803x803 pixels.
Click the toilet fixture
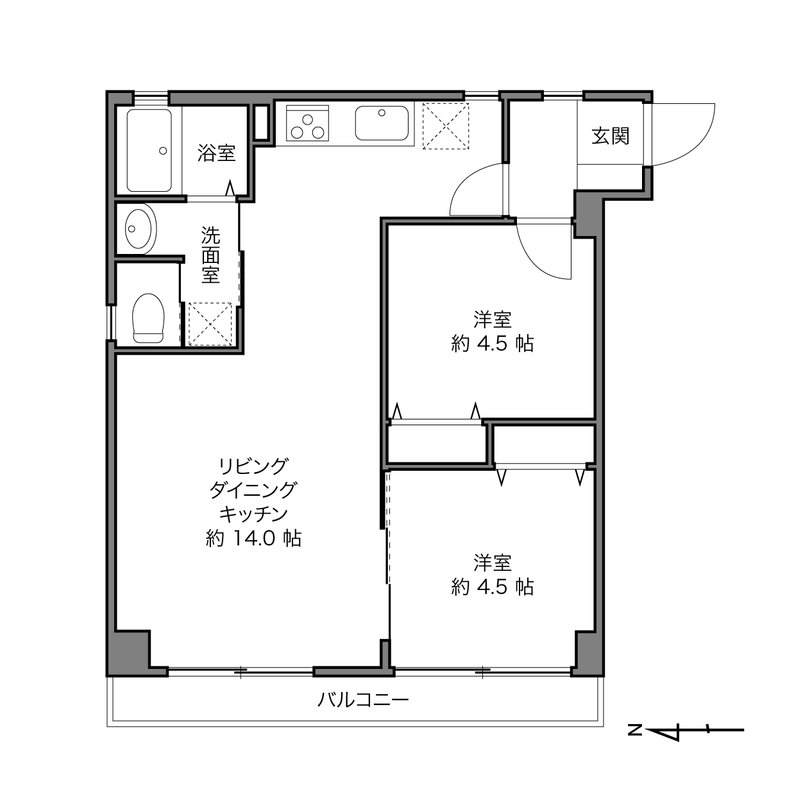148,318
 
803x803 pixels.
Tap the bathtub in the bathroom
149,151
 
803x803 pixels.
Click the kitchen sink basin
382,123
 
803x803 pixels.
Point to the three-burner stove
307,123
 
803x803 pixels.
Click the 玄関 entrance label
610,136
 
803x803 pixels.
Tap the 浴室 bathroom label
216,153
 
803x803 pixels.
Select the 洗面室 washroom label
210,255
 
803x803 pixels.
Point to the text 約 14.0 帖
253,538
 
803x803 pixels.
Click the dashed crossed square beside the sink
446,126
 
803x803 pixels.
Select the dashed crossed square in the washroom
210,324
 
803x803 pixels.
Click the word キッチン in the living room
253,514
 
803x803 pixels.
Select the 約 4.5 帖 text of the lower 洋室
492,587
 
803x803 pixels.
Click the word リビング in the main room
253,466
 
